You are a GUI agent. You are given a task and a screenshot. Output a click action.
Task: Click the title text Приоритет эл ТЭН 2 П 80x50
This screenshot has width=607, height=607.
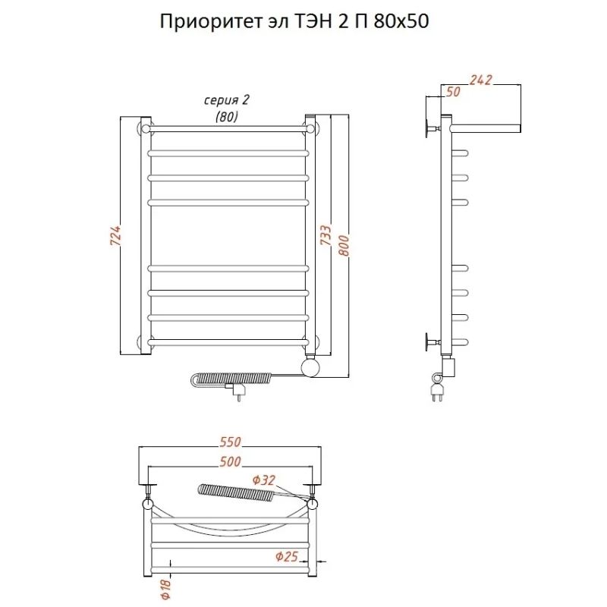click(294, 22)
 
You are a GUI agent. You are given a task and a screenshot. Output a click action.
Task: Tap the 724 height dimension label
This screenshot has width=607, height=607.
click(116, 235)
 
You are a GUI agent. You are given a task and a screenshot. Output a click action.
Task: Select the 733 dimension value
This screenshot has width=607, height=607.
click(326, 235)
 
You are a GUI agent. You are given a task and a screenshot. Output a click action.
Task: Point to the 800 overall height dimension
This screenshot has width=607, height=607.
click(344, 245)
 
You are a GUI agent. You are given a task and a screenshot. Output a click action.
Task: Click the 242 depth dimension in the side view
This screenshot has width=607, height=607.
click(481, 80)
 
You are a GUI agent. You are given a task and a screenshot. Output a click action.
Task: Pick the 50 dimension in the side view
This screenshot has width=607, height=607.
click(453, 92)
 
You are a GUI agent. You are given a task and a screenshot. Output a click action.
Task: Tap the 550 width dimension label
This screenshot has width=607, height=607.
click(231, 442)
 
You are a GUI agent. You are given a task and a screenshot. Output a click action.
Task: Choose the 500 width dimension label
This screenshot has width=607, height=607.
click(231, 461)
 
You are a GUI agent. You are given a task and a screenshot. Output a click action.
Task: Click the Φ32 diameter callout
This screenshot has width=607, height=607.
click(263, 480)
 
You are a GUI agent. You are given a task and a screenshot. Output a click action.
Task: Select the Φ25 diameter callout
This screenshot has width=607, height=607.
click(287, 557)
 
